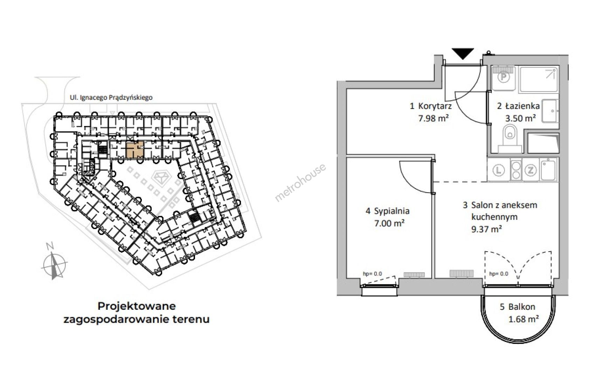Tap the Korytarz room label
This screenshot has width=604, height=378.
pos(435,106)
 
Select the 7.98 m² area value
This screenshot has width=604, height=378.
pos(433,118)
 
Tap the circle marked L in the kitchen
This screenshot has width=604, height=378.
pos(499,170)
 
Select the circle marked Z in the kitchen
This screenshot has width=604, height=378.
pos(530,170)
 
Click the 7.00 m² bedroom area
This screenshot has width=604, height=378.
pos(389,223)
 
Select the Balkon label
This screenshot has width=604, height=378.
pos(522,307)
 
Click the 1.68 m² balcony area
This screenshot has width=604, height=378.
pos(523,319)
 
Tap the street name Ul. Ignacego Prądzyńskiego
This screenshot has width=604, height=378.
pos(110,97)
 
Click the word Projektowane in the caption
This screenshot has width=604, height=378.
pos(137,306)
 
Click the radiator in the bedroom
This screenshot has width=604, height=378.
pos(415,275)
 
